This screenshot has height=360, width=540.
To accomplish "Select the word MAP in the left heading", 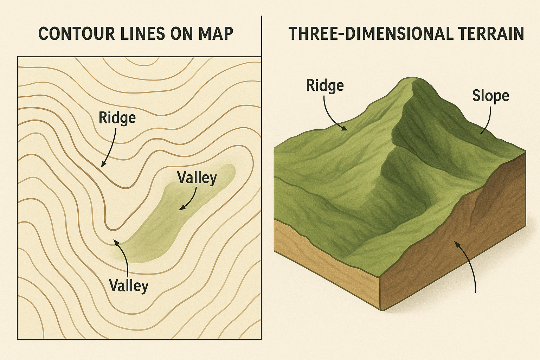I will [216, 34].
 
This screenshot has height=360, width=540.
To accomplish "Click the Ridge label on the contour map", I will [117, 118].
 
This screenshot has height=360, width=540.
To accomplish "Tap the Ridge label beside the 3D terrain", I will [325, 85].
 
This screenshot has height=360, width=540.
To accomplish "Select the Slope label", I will [490, 96].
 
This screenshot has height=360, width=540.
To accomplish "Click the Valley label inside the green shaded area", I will [197, 178].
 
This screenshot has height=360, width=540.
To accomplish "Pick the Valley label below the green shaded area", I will [129, 285].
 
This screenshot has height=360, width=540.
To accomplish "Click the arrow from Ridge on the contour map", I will [110, 148].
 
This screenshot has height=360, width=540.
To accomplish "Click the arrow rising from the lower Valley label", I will [123, 257].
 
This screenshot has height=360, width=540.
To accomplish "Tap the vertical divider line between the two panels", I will [262, 35].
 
